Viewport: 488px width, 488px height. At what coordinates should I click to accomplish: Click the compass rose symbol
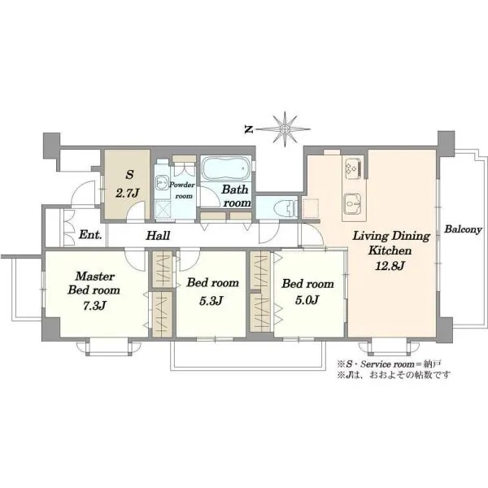point(285,129)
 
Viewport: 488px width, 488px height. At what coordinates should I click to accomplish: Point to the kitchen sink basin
point(353,204)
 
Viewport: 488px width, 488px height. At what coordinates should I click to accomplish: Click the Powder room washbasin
point(162,181)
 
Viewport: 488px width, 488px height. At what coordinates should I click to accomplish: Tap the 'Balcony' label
point(463,229)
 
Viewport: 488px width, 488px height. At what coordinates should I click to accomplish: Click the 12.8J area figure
point(390,265)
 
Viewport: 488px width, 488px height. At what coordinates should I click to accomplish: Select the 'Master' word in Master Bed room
point(95,276)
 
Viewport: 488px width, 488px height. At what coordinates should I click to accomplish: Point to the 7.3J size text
point(94,306)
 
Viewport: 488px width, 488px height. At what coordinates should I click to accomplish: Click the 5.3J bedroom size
point(211,301)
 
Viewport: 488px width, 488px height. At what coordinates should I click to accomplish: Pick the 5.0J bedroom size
point(307,299)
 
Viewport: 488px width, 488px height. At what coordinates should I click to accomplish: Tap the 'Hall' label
point(158,236)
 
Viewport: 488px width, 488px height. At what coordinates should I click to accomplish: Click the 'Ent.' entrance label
point(90,234)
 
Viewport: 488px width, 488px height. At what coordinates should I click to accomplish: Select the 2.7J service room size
point(127,194)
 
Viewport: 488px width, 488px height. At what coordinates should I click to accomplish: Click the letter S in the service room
point(129,175)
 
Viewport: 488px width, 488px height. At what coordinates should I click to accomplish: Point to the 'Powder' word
point(182,185)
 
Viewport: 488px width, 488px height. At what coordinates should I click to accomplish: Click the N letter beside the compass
point(248,129)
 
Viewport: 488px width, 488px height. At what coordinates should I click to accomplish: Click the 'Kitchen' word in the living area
point(390,251)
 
